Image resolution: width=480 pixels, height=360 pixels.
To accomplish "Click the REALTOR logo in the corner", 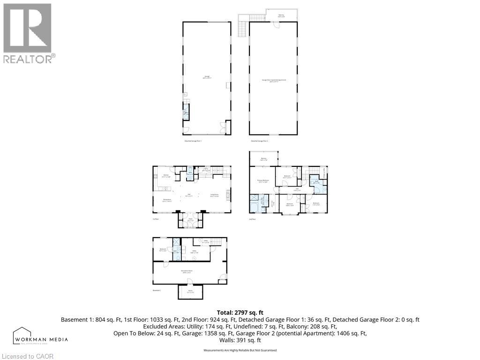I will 28,33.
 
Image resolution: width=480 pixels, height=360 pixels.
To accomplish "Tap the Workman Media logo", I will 41,336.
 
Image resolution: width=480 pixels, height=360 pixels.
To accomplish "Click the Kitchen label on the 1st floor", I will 166,176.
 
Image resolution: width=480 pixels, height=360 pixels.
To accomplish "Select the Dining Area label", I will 166,200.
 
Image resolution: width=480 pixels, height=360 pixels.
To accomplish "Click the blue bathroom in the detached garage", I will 186,113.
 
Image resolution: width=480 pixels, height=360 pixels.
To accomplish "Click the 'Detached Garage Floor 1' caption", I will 193,141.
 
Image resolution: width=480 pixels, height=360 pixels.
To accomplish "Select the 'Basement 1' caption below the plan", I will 157,291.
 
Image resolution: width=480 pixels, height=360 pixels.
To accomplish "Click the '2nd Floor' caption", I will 253,219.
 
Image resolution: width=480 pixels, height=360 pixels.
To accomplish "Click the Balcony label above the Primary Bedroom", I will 263,159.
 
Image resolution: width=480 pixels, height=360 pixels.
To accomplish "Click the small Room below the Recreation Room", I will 190,292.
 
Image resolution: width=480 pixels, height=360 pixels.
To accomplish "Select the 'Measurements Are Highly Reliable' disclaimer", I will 240,350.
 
